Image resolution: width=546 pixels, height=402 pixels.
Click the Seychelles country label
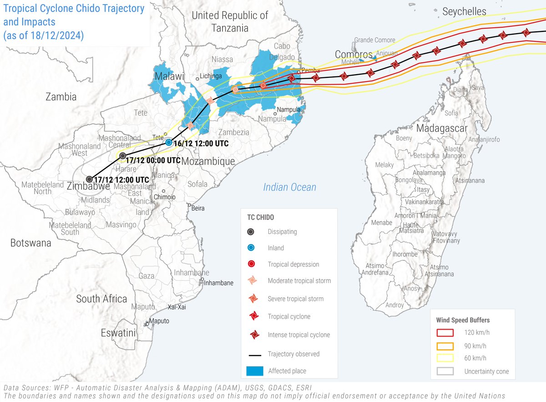tap(464, 11)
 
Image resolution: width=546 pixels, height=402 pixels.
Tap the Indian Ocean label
tap(289, 187)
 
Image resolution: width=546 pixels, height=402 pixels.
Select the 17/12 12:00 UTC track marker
tap(90, 179)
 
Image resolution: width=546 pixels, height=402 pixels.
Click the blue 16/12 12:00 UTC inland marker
tap(169, 142)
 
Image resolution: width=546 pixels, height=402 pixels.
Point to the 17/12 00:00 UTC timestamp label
tap(153, 160)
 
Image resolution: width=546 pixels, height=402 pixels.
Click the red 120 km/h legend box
tap(445, 333)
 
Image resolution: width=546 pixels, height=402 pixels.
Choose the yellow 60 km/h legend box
tap(445, 358)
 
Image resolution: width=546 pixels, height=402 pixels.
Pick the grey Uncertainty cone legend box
tap(445, 371)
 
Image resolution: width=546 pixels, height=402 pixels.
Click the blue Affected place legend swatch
tap(255, 371)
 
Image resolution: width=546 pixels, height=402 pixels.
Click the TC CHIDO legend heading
tap(260, 217)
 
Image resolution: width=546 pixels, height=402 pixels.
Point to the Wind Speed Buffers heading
tap(463, 320)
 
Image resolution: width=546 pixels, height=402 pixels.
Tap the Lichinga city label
tap(212, 76)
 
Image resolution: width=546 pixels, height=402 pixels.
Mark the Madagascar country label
tap(442, 128)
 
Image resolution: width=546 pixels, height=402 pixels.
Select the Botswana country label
tap(30, 243)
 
